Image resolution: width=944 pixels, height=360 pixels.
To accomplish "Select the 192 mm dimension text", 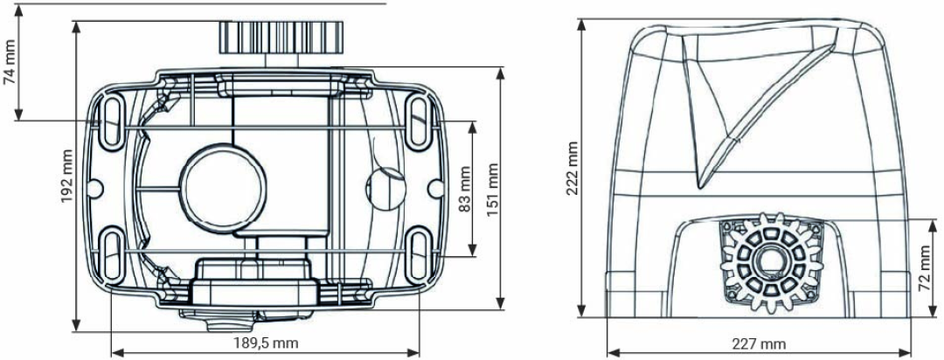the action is point(66,177).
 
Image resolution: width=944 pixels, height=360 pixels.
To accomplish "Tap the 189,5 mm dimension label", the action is point(266,343).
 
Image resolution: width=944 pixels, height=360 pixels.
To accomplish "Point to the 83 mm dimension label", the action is point(464,189).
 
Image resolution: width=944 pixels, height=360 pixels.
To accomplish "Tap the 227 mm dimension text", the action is point(759,344).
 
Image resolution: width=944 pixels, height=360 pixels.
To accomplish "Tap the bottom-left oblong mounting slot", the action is point(111,253).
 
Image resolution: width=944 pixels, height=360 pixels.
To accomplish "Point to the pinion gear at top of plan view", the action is point(281,37).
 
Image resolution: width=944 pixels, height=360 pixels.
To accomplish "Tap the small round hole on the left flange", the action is point(94,189).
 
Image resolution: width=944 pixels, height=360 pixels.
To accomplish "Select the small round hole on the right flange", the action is point(436,189).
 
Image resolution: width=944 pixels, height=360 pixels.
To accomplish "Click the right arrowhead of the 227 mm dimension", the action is point(906,352).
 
